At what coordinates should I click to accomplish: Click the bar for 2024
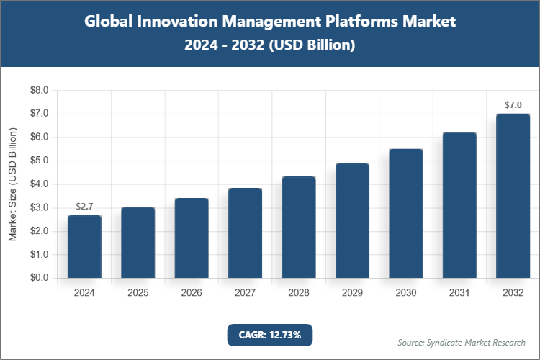pos(84,246)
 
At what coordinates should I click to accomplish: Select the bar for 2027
pos(245,233)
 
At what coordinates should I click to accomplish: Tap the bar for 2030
pos(406,213)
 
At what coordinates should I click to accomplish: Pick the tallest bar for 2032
pos(513,196)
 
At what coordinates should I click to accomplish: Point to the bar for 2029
pos(352,220)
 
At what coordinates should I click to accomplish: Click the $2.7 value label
pos(84,207)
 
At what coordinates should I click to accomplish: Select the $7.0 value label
pos(513,105)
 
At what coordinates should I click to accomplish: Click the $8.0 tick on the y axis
pos(38,91)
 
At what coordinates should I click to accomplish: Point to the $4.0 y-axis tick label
pos(38,184)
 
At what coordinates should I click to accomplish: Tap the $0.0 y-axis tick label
pos(38,278)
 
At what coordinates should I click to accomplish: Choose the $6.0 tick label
pos(38,138)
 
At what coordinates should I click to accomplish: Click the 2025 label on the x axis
pos(138,293)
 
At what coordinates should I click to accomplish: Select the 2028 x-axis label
pos(299,293)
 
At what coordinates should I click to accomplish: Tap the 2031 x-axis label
pos(459,293)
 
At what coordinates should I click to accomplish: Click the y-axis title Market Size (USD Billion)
pos(12,184)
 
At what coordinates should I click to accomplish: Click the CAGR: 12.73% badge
pos(269,334)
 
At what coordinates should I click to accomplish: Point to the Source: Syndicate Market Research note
pos(461,342)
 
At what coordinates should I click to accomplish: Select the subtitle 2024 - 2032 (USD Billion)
pos(269,45)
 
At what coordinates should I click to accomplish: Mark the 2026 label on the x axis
pos(192,293)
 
